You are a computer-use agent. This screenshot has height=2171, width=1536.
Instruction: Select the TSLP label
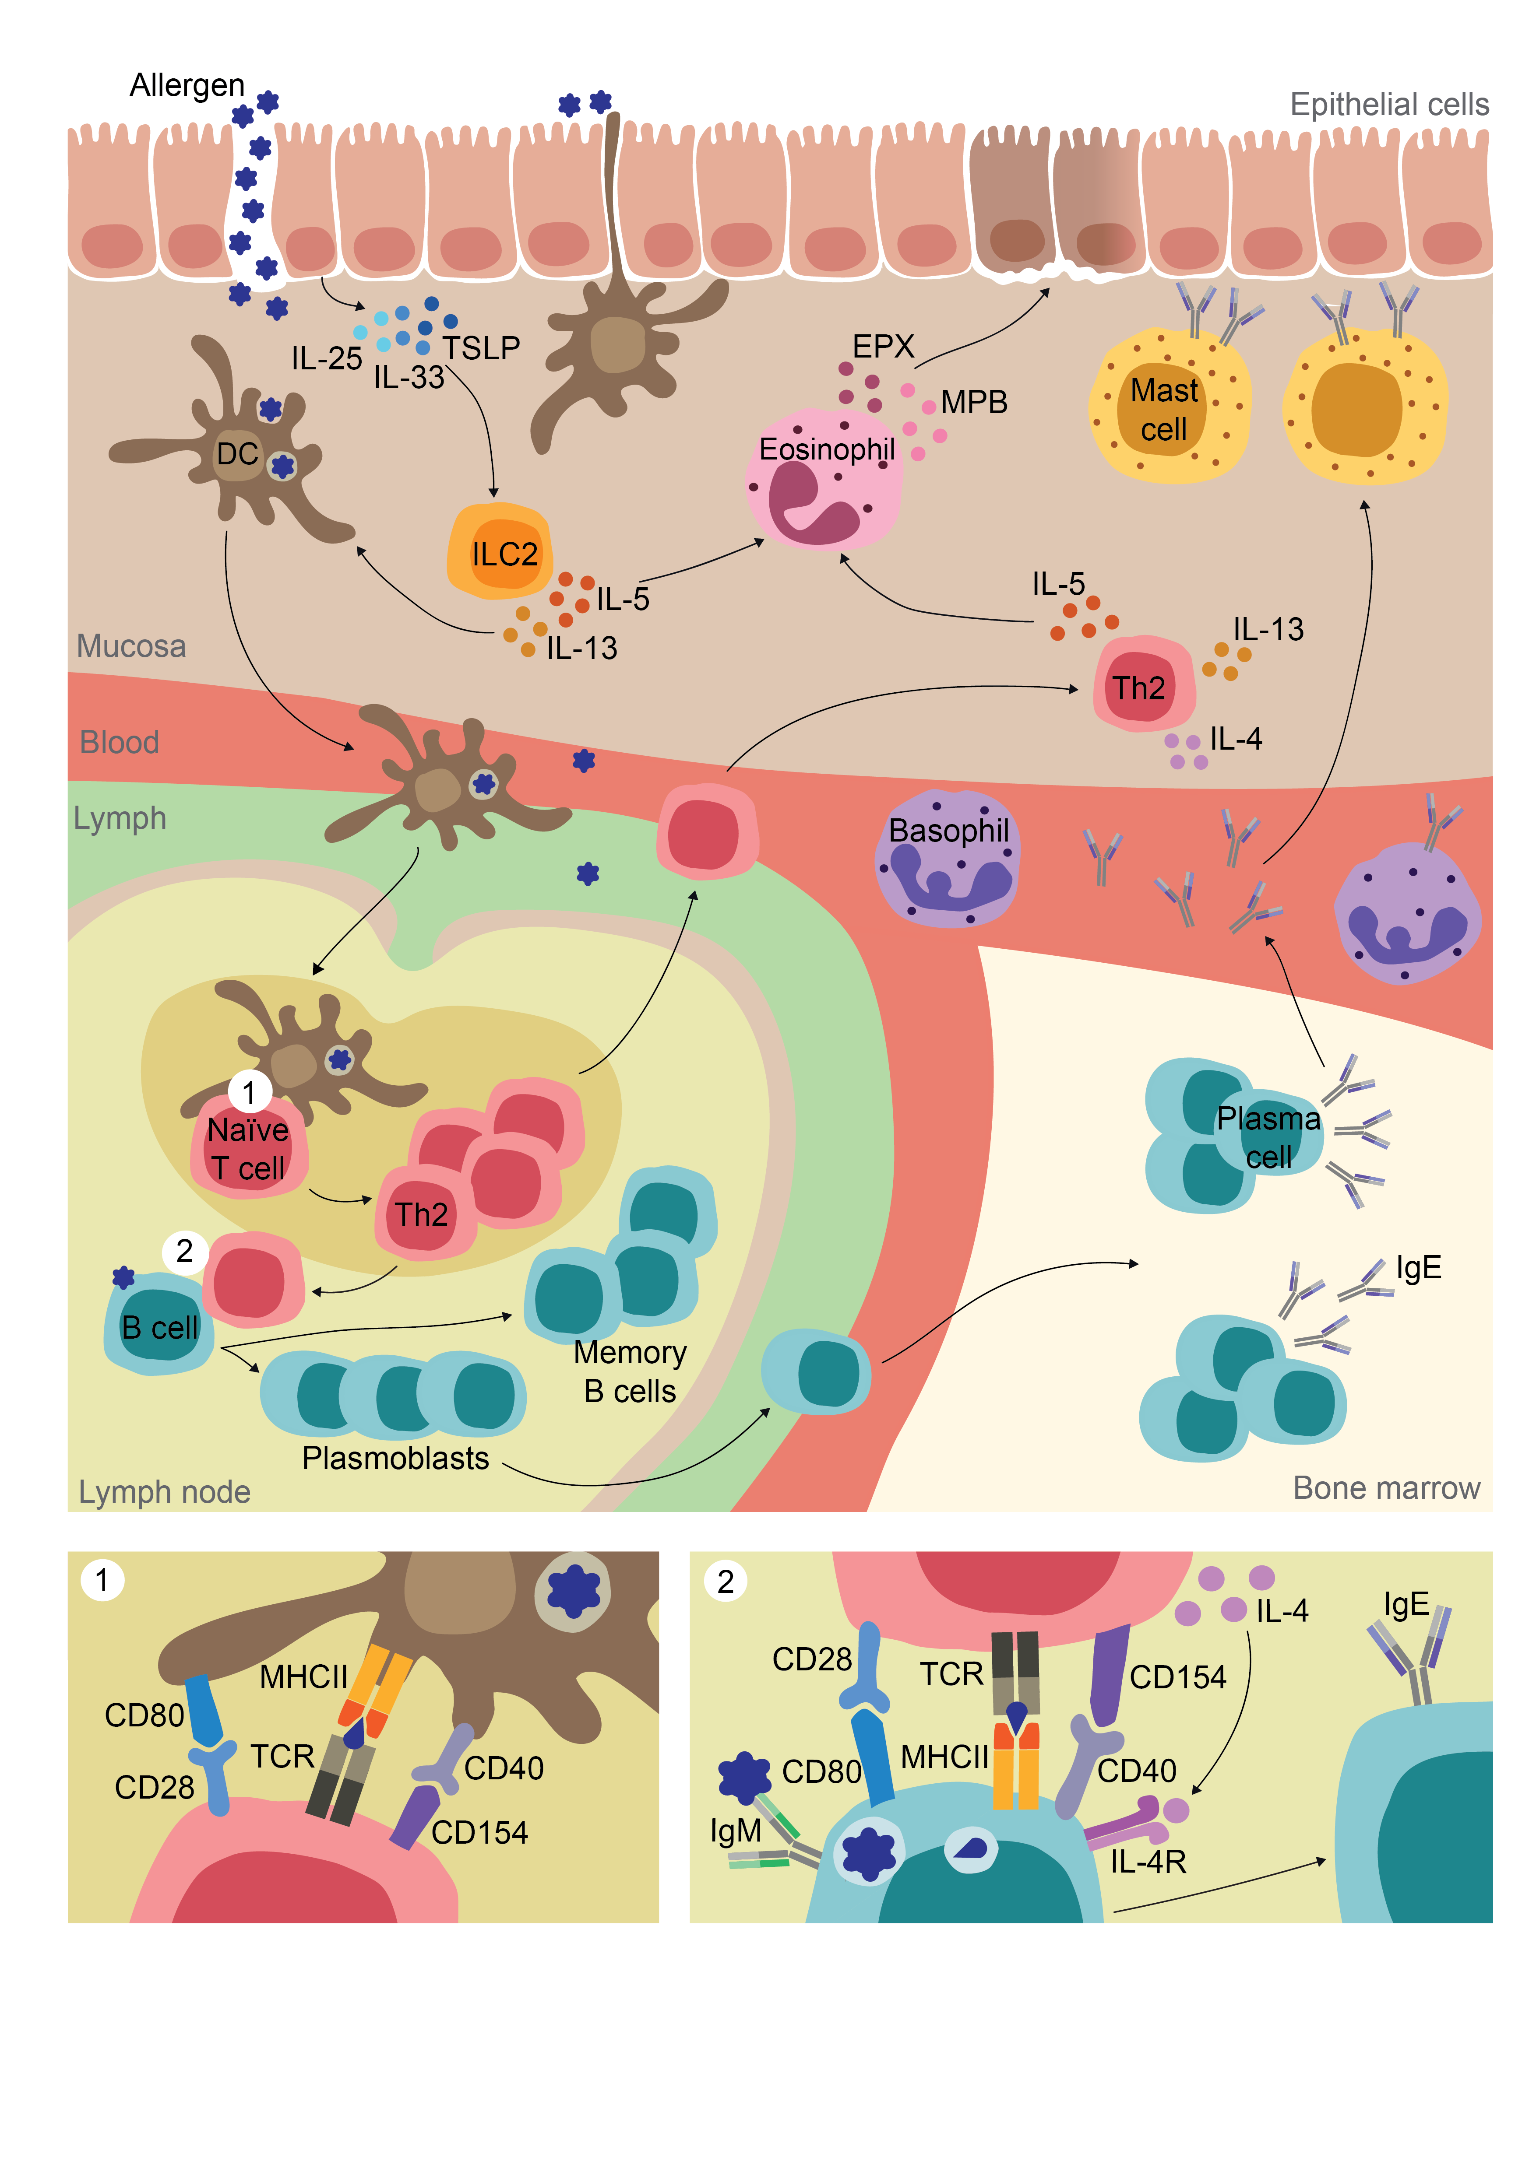click(x=481, y=348)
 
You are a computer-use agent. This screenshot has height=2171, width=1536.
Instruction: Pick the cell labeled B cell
click(x=159, y=1325)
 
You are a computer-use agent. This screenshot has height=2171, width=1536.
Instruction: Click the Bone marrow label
click(x=1386, y=1487)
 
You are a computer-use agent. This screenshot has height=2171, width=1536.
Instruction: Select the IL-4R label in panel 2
click(x=1147, y=1861)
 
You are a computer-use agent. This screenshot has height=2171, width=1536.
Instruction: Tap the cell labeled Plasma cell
click(x=1268, y=1136)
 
